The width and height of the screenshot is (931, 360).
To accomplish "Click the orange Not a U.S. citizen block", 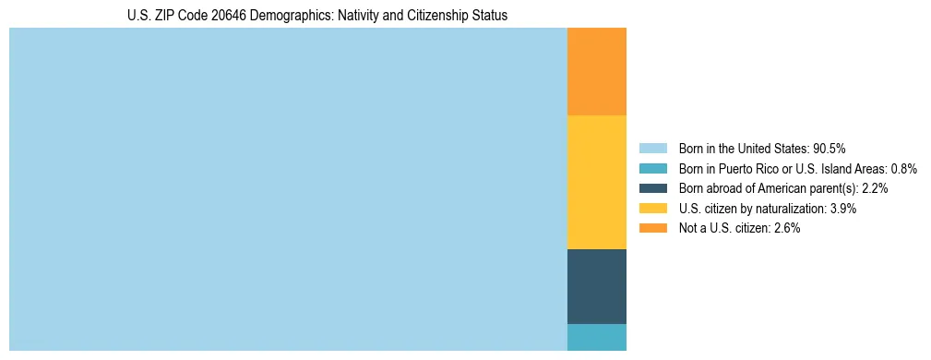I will coord(596,71).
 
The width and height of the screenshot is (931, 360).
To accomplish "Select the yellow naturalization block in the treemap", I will coord(596,182).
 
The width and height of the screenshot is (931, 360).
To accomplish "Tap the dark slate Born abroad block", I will coord(596,286).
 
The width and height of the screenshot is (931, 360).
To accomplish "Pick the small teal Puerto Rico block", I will coord(596,337).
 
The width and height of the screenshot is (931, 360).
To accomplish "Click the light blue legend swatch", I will coord(652,149).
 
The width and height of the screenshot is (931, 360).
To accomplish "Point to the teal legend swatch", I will coord(652,169).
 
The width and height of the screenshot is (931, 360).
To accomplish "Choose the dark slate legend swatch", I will coord(652,188).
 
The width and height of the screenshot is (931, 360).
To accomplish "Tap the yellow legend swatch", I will coord(652,209).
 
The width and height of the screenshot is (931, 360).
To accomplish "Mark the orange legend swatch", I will coord(652,228).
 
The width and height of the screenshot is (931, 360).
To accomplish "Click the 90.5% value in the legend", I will coord(829,149).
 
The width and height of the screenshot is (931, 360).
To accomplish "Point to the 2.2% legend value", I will coord(875,188).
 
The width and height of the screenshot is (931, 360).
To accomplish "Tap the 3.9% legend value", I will coord(843,209).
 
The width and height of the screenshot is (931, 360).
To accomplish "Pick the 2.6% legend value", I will coord(786,228).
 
